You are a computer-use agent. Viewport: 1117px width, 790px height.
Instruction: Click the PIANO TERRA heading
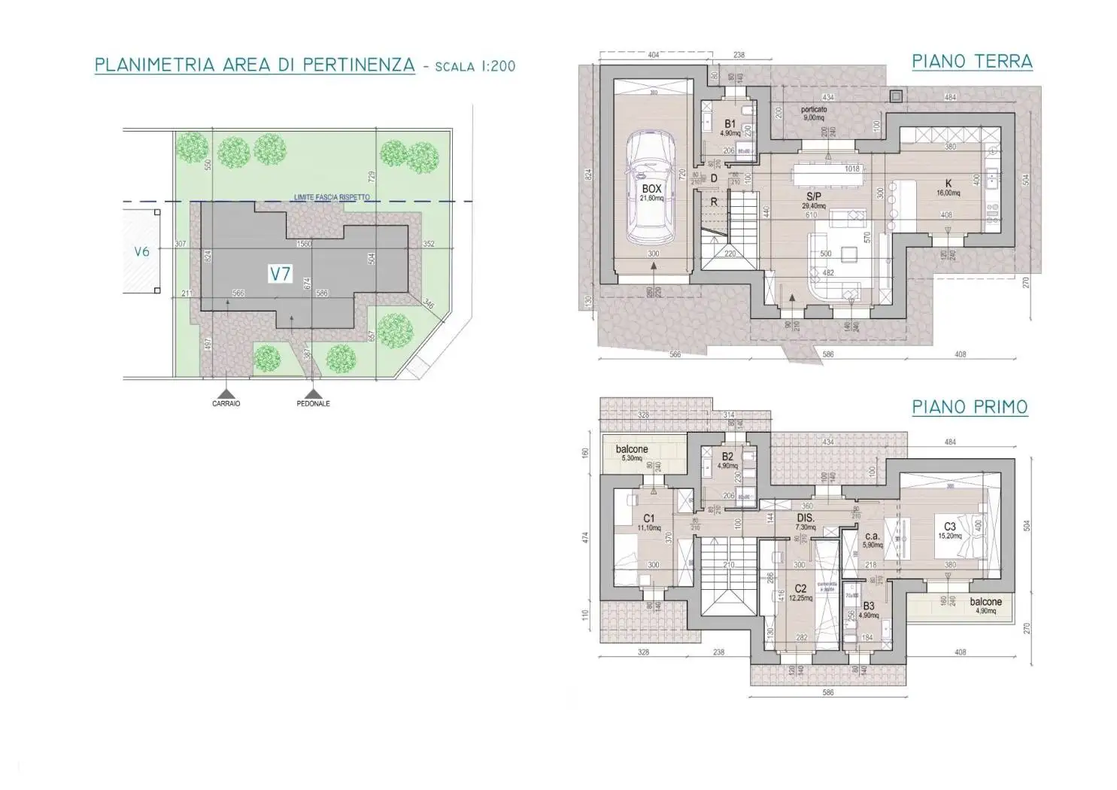click(972, 61)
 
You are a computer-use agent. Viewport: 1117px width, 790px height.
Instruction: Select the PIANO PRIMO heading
click(970, 407)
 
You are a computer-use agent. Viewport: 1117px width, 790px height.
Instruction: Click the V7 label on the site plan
click(280, 275)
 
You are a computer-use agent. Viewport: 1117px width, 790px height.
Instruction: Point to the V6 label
click(141, 252)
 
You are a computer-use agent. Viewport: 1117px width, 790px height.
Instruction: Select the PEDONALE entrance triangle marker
click(313, 393)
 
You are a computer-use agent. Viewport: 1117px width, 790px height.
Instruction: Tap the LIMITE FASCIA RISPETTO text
click(332, 197)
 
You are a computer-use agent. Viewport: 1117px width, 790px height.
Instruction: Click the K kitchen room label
click(949, 184)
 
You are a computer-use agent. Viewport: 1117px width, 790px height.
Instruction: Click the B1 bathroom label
click(730, 124)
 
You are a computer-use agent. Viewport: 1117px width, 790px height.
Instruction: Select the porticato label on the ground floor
click(814, 110)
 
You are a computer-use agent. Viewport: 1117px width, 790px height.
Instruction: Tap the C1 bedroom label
click(649, 518)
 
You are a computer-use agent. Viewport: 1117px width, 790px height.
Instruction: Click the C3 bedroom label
click(950, 527)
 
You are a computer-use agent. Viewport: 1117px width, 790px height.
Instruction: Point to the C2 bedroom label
click(800, 588)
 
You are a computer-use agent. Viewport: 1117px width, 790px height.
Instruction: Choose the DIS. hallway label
click(806, 518)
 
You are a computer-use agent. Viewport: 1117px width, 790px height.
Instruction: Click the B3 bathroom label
click(869, 606)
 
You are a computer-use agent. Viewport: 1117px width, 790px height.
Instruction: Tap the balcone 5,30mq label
click(632, 450)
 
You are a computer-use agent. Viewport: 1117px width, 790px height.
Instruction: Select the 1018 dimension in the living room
click(851, 169)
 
